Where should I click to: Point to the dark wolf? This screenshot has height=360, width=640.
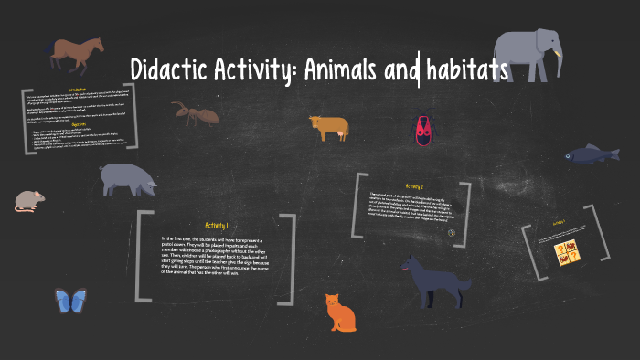433,283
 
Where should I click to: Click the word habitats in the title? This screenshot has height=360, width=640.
465,69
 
